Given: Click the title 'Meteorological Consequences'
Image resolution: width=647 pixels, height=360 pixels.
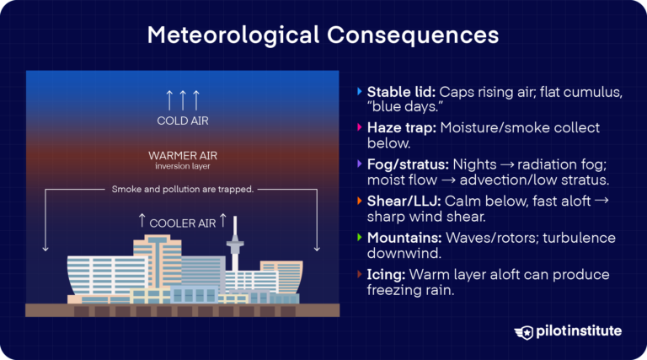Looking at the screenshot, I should click(x=323, y=35).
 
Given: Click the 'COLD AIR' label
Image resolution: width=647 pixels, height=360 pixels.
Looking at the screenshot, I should click(x=182, y=121).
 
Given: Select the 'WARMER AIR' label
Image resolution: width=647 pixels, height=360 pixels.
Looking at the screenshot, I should click(x=182, y=155).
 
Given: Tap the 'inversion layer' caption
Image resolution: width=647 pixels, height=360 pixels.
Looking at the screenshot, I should click(x=182, y=166).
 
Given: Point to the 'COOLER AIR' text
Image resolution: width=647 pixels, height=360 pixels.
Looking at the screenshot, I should click(x=182, y=223).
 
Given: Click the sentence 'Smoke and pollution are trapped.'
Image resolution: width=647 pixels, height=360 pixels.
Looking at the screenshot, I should click(x=182, y=189).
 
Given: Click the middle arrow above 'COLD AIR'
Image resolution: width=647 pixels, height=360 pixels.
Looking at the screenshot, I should click(x=182, y=99).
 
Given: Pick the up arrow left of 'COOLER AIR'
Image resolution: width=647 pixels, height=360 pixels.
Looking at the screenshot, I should click(x=142, y=221).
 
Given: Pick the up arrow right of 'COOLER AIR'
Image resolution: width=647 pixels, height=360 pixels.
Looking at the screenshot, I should click(x=223, y=221).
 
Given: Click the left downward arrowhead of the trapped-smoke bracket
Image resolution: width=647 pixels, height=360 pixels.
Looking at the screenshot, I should click(x=45, y=249).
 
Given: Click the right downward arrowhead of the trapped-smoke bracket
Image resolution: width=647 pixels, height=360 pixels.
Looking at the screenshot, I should click(x=318, y=249).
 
